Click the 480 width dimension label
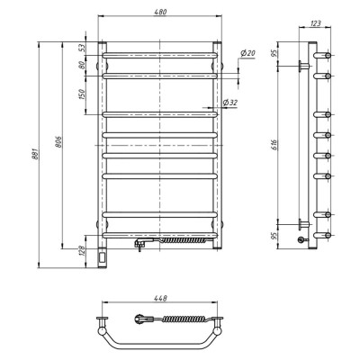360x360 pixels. pos(160,12)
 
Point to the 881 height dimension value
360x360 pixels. pos(36,153)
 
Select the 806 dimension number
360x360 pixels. pos(58,141)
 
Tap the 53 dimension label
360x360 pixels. pos(83,48)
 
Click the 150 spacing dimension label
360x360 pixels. pos(83,94)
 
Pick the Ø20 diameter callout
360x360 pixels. pos(247,53)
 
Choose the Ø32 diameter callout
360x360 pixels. pos(230,103)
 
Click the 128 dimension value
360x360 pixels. pos(82,251)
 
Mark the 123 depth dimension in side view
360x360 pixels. pos(315,23)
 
